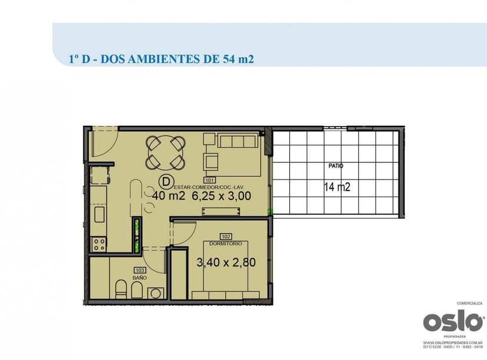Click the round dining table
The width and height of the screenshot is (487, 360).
click(x=166, y=152)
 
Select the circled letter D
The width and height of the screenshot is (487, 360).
click(x=166, y=181)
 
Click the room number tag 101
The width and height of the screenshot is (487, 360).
click(x=209, y=180)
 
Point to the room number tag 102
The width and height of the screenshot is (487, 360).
click(x=226, y=236)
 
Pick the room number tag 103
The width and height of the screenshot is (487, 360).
click(x=139, y=270)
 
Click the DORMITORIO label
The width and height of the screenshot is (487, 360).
click(x=226, y=243)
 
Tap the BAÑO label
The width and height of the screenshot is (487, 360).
click(x=139, y=277)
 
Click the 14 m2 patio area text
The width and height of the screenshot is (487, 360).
click(x=337, y=188)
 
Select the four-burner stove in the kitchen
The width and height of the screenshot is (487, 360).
click(x=99, y=244)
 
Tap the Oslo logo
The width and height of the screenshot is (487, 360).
click(x=453, y=322)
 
